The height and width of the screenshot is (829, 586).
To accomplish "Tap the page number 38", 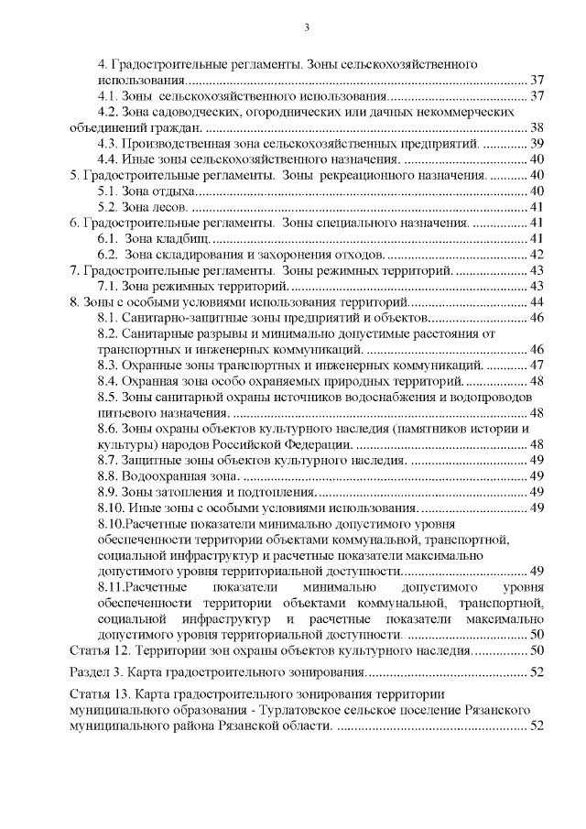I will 537,127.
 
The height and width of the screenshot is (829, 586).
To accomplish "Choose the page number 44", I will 537,301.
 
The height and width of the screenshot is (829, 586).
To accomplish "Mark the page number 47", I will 537,365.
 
